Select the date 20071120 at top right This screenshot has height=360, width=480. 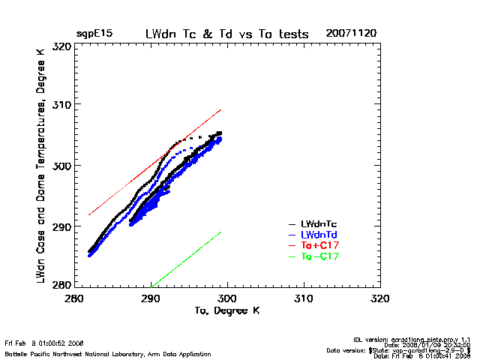coord(351,34)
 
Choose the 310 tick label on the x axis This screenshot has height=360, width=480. coord(304,298)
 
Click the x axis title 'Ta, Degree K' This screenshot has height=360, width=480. coord(226,310)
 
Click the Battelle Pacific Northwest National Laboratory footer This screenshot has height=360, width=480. coord(108,353)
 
